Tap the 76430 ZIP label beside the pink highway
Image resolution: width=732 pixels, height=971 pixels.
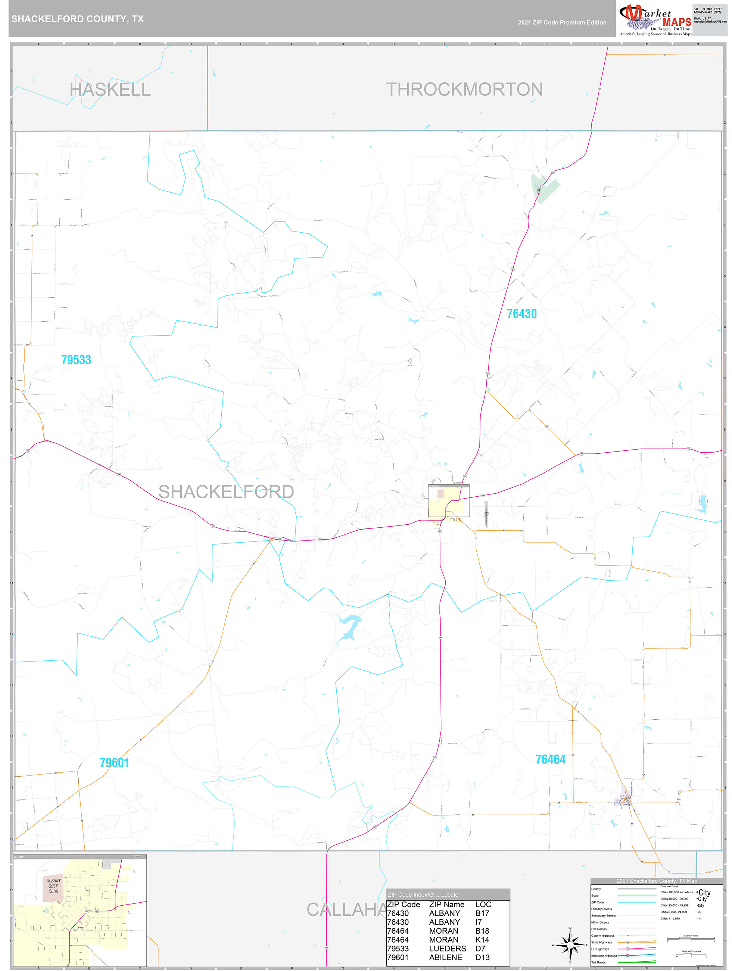[x=521, y=314]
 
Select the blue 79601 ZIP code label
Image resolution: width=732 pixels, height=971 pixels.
[x=114, y=763]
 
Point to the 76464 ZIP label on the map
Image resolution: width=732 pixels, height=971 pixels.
[x=550, y=759]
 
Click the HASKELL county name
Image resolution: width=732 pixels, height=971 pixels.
[x=110, y=90]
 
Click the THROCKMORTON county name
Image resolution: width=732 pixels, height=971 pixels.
[x=464, y=90]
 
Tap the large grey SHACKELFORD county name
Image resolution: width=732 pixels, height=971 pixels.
[x=225, y=491]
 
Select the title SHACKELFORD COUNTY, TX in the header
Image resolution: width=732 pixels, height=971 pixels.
[x=77, y=19]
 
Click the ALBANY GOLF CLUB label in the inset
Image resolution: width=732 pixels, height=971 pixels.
[x=53, y=886]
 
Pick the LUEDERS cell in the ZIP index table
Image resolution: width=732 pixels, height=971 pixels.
[x=447, y=948]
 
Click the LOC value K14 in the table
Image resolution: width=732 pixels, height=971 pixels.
[x=482, y=939]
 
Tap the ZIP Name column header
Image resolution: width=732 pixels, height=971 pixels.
[x=446, y=904]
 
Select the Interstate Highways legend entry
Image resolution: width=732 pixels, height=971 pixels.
[x=604, y=956]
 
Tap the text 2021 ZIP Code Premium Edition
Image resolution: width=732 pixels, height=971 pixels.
[x=562, y=22]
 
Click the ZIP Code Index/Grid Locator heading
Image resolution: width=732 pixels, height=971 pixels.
[x=424, y=894]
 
